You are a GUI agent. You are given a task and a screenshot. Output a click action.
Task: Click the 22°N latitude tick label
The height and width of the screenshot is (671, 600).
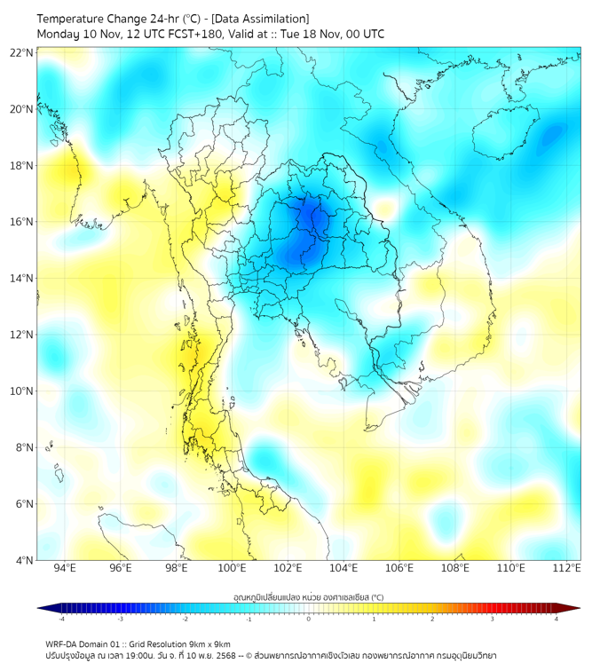[22, 52]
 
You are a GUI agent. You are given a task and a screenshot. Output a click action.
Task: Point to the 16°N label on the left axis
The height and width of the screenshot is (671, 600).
[22, 222]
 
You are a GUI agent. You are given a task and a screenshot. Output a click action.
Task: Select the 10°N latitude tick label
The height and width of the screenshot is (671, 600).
[22, 391]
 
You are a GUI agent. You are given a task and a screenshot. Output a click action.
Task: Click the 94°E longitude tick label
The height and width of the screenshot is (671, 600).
[65, 569]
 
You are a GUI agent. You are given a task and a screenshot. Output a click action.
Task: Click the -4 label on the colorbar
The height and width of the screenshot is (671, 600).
[60, 620]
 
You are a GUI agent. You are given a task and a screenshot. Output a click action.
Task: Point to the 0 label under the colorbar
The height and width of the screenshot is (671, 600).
[309, 620]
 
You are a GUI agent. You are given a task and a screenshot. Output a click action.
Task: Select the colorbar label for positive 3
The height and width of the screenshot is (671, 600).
[493, 620]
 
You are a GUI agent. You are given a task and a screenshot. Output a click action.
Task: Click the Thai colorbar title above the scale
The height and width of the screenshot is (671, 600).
[308, 597]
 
